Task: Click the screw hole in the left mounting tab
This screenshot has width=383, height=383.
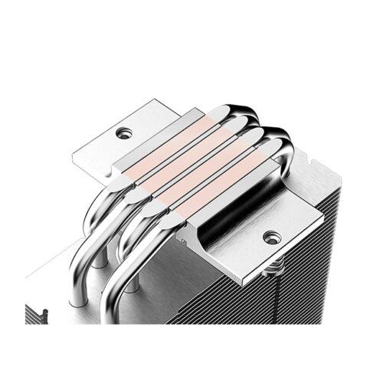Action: tap(123, 133)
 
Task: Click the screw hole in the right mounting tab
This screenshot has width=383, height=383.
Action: tap(269, 237)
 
